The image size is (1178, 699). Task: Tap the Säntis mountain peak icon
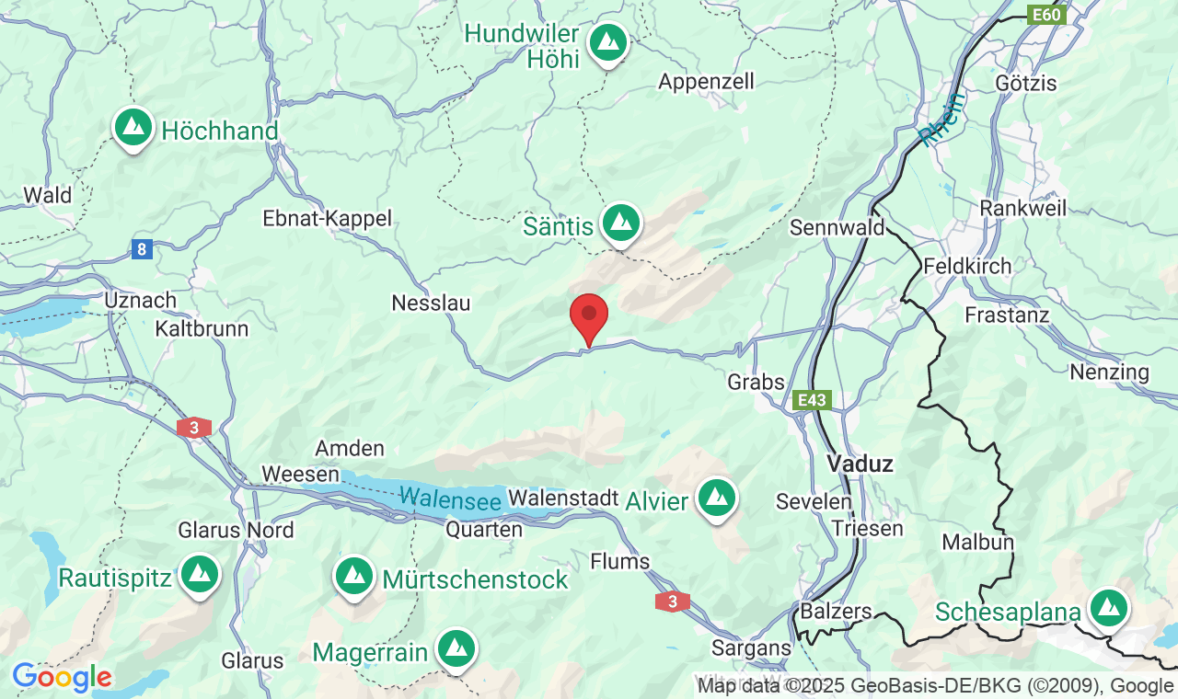621,222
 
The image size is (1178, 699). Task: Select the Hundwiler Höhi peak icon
607,41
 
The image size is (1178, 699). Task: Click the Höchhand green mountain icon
133,126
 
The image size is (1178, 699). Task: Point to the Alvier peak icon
717,498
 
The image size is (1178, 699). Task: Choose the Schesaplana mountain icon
1108,608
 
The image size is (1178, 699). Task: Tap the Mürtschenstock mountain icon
354,576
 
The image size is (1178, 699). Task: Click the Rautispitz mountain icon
199,574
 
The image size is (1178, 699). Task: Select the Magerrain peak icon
456,649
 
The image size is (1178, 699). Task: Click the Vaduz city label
860,464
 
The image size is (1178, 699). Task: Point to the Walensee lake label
450,499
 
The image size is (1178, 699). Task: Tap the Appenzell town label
706,82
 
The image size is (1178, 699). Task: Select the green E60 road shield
1046,15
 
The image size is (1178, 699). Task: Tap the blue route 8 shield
141,249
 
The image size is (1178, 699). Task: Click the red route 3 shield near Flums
672,602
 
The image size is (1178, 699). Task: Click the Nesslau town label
431,303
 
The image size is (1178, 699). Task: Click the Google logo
62,678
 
